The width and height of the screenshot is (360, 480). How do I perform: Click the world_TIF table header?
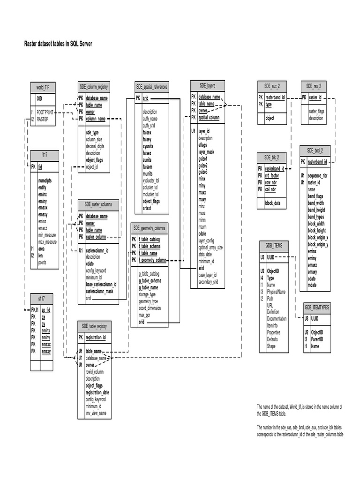(x=43, y=87)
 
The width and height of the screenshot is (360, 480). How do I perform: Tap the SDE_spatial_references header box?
(x=152, y=87)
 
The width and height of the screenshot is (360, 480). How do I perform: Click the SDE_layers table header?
(x=207, y=86)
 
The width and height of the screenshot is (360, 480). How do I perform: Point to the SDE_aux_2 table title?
(x=272, y=86)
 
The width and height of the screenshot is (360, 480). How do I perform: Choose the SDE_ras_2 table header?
(x=314, y=86)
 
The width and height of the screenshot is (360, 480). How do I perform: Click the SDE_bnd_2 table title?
(x=318, y=150)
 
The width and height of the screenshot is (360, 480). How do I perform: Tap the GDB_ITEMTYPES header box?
(x=317, y=307)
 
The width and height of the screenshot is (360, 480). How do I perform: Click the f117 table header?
(x=44, y=155)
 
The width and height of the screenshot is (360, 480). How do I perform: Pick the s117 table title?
(x=41, y=298)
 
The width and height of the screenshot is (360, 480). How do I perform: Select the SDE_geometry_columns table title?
(x=150, y=228)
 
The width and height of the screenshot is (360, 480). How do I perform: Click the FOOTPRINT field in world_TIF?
(x=45, y=112)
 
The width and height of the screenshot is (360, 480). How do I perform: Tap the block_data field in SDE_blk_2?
(x=272, y=203)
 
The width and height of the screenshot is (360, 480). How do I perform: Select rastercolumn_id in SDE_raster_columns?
(x=97, y=250)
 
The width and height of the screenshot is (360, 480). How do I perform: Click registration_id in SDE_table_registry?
(x=96, y=337)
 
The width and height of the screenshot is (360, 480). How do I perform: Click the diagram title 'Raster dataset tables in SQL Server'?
(x=58, y=44)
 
